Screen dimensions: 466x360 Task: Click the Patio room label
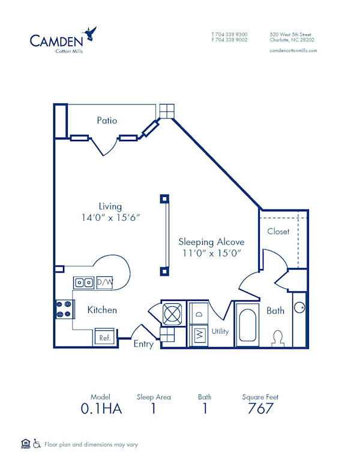(107, 120)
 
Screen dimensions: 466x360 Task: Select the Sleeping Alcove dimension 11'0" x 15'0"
(211, 253)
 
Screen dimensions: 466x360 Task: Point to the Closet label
(278, 231)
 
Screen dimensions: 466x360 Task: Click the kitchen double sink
(83, 282)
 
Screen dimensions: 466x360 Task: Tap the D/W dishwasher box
(104, 282)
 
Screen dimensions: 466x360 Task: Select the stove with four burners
(64, 309)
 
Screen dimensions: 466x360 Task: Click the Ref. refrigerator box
(104, 337)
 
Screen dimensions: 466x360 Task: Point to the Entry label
(143, 344)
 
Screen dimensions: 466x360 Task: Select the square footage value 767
(260, 409)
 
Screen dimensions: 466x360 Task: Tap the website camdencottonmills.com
(293, 50)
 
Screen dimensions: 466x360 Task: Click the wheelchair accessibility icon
(37, 444)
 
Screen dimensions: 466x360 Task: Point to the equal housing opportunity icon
(25, 444)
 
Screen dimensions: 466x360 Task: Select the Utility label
(220, 331)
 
